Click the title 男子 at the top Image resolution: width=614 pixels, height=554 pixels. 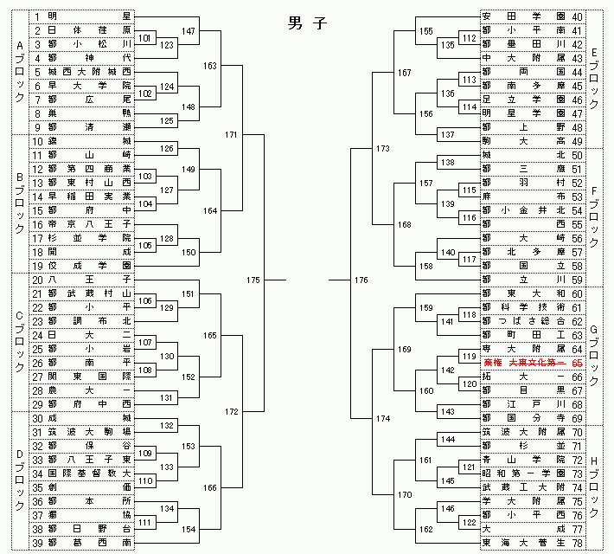point(307,24)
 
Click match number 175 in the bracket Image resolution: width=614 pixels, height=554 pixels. point(253,280)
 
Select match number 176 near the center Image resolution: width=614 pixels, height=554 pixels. point(361,280)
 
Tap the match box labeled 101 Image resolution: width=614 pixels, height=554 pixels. point(146,38)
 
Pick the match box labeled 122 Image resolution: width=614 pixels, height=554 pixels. point(468,522)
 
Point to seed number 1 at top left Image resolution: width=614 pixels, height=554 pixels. point(37,16)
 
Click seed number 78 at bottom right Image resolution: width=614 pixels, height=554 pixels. point(578,543)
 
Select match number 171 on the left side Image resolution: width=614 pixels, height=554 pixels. point(231,135)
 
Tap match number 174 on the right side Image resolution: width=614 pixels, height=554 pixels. point(383,419)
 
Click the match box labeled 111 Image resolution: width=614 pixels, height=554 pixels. point(146,522)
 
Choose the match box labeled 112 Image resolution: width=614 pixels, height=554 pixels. point(468,38)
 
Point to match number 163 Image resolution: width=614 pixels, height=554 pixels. point(210,65)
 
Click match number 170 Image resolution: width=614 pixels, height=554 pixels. point(404,495)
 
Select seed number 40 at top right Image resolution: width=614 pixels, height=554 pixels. point(578,16)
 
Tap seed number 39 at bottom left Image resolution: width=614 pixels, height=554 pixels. point(37,543)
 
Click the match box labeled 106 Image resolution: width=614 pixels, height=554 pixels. point(146,300)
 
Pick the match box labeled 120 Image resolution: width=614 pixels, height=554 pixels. point(468,383)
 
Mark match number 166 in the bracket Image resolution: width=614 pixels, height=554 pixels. point(210,488)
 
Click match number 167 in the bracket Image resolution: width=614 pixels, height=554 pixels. point(404,73)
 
